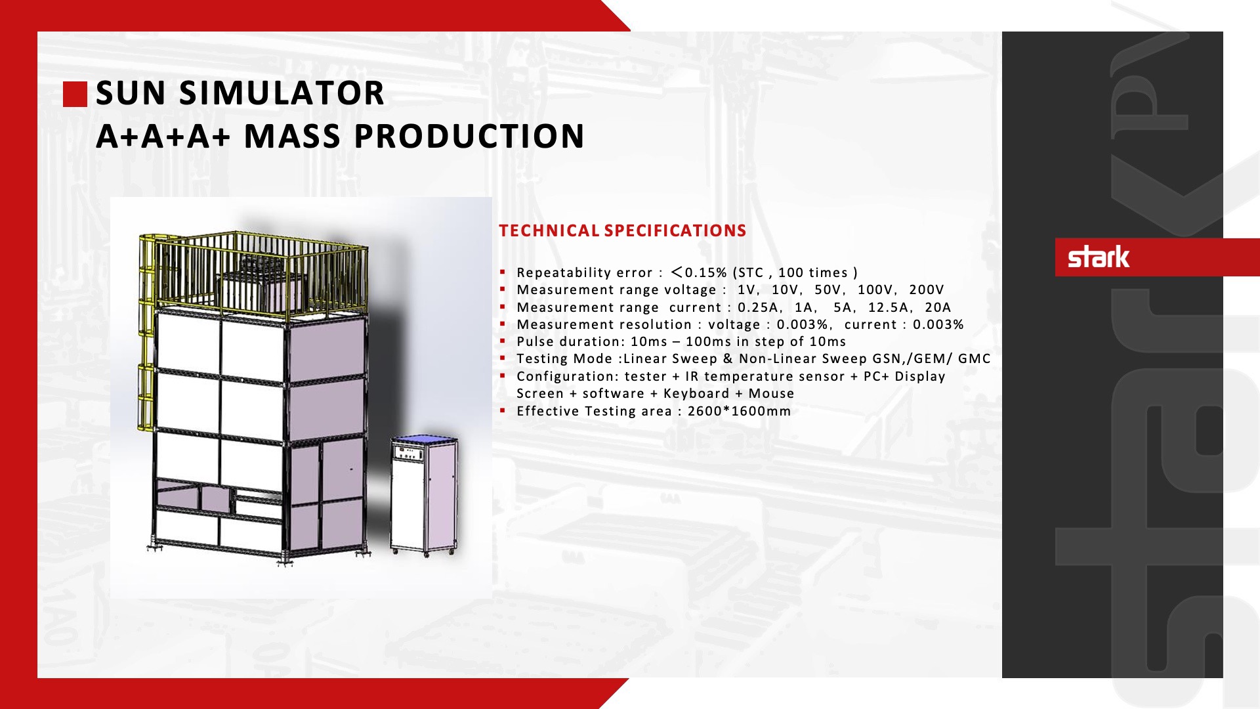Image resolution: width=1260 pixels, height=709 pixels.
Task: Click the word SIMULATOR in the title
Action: click(x=282, y=93)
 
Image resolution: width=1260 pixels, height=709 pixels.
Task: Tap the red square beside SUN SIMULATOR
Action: click(x=75, y=94)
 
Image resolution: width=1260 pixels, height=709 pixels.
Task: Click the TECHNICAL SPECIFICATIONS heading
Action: click(x=622, y=230)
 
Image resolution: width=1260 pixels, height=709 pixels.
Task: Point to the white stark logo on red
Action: click(x=1099, y=257)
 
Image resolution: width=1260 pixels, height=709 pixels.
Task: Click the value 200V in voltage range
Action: click(x=927, y=290)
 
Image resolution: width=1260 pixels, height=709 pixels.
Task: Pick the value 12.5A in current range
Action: click(x=889, y=307)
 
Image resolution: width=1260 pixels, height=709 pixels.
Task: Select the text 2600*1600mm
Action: click(x=740, y=411)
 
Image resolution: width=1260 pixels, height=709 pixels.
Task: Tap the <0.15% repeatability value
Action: click(x=699, y=272)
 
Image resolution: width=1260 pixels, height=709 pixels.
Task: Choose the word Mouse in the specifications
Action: click(x=772, y=393)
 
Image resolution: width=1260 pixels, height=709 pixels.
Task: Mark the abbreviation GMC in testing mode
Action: click(x=975, y=358)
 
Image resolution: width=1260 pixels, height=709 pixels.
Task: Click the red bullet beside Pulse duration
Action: click(x=502, y=341)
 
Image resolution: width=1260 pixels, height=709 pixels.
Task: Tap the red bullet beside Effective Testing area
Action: click(x=502, y=410)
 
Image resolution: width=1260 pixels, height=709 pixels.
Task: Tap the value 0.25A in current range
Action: click(x=758, y=307)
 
